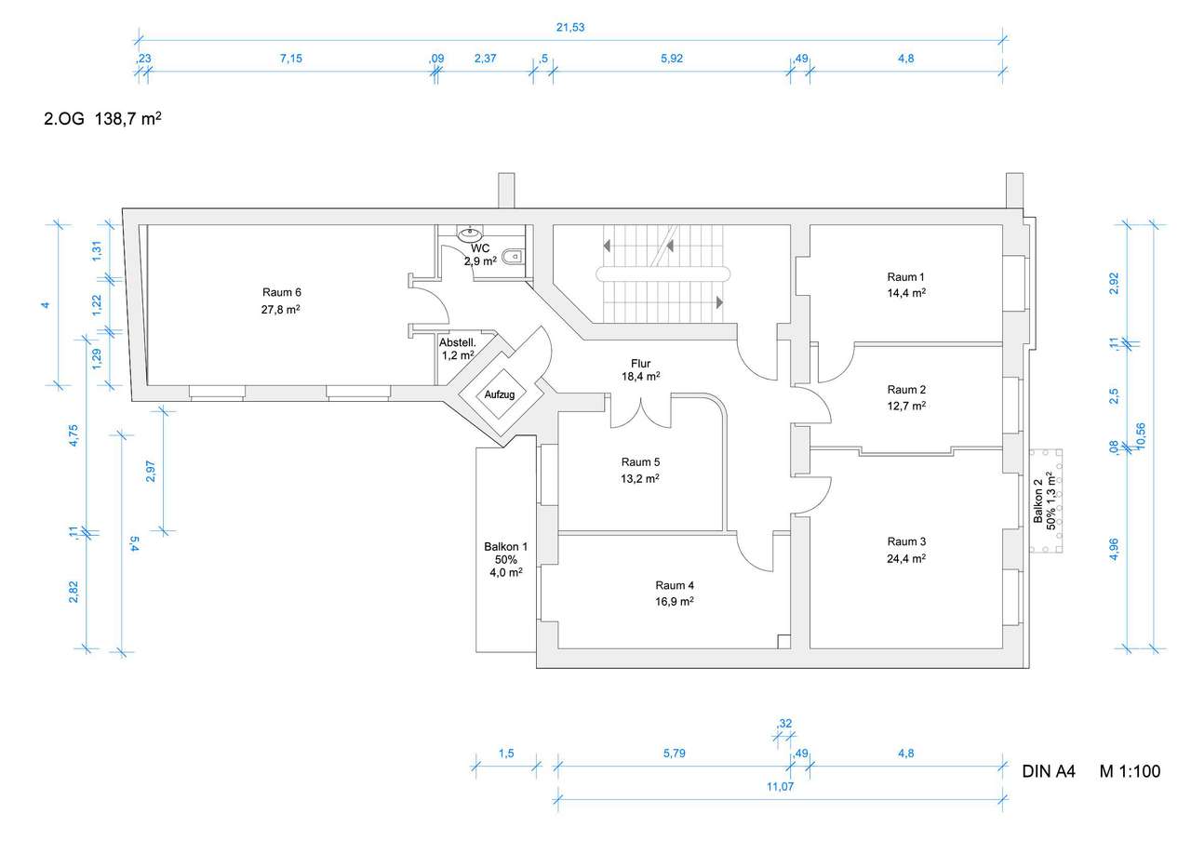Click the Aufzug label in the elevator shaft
pos(500,394)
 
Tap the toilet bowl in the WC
pos(513,257)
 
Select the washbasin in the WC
pos(470,233)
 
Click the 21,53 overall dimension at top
pos(570,27)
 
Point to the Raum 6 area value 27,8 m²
pos(281,309)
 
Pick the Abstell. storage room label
pos(457,343)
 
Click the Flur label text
pos(641,364)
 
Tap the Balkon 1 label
pos(505,546)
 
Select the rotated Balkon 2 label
pos(1037,501)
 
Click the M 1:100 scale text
pos(1130,771)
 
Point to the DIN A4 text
pos(1049,771)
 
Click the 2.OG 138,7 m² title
pos(102,118)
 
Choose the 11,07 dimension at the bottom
pos(780,786)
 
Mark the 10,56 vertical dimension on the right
pos(1140,436)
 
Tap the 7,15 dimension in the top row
pos(291,59)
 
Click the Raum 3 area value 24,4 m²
pos(906,558)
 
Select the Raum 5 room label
pos(640,462)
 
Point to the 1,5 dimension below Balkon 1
pos(506,754)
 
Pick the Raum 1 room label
pos(906,277)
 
